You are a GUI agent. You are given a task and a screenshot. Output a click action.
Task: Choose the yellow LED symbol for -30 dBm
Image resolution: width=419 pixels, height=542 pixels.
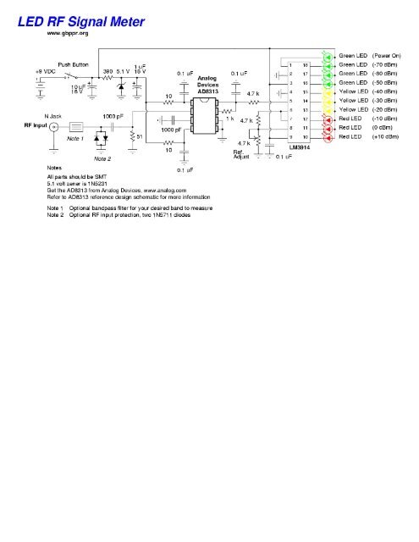[327, 101]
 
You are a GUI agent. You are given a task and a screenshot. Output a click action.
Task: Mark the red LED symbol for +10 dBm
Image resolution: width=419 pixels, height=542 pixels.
[327, 136]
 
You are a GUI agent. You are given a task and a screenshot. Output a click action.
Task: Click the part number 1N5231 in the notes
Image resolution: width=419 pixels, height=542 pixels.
[106, 181]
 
